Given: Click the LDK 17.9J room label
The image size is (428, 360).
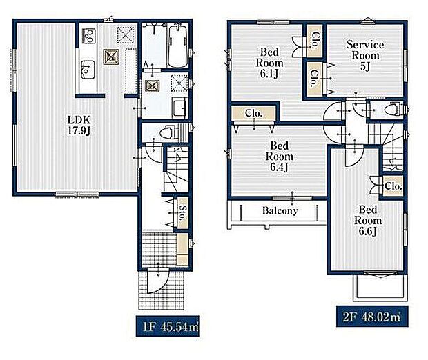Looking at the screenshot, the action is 79,125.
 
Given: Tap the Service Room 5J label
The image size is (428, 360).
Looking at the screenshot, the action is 365,55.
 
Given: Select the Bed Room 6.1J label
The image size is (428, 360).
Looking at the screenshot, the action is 269,63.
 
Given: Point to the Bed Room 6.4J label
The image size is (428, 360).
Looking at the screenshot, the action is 280,157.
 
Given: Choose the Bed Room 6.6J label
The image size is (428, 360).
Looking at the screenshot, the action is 368,221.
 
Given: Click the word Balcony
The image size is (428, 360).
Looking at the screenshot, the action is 280,210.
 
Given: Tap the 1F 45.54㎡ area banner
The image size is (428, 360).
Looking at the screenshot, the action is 167,326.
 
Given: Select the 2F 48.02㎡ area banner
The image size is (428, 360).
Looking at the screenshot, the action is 372,317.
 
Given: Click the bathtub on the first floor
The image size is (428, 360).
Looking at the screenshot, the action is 177,46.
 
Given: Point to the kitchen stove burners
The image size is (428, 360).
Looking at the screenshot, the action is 89,36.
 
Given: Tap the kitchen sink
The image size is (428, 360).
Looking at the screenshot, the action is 88,69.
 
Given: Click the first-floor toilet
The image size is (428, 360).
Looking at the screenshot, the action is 168,132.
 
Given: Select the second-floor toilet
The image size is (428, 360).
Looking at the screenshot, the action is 393,110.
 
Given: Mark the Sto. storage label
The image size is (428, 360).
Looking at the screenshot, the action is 182,212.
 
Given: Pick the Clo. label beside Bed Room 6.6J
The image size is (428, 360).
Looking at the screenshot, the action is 393,186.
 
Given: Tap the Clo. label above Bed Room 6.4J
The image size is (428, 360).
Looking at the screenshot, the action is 253,113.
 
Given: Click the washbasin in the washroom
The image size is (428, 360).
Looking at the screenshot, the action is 179,108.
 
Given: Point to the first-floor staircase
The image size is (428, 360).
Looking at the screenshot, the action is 177,169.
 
